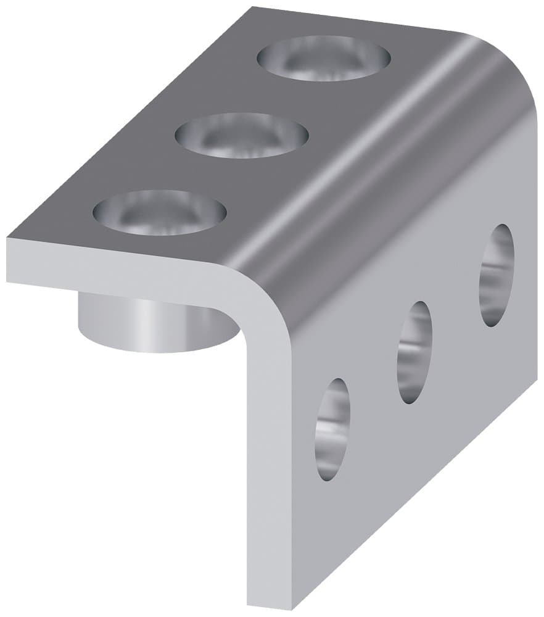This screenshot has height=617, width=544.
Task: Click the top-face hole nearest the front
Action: pyautogui.click(x=160, y=212)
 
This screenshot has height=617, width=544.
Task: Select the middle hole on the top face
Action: pyautogui.click(x=242, y=135)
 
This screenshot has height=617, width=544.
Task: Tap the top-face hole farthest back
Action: pyautogui.click(x=324, y=58)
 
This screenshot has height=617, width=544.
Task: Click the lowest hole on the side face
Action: pyautogui.click(x=332, y=429)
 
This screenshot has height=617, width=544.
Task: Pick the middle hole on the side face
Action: pyautogui.click(x=414, y=352)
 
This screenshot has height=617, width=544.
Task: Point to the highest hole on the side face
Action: pyautogui.click(x=497, y=275)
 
